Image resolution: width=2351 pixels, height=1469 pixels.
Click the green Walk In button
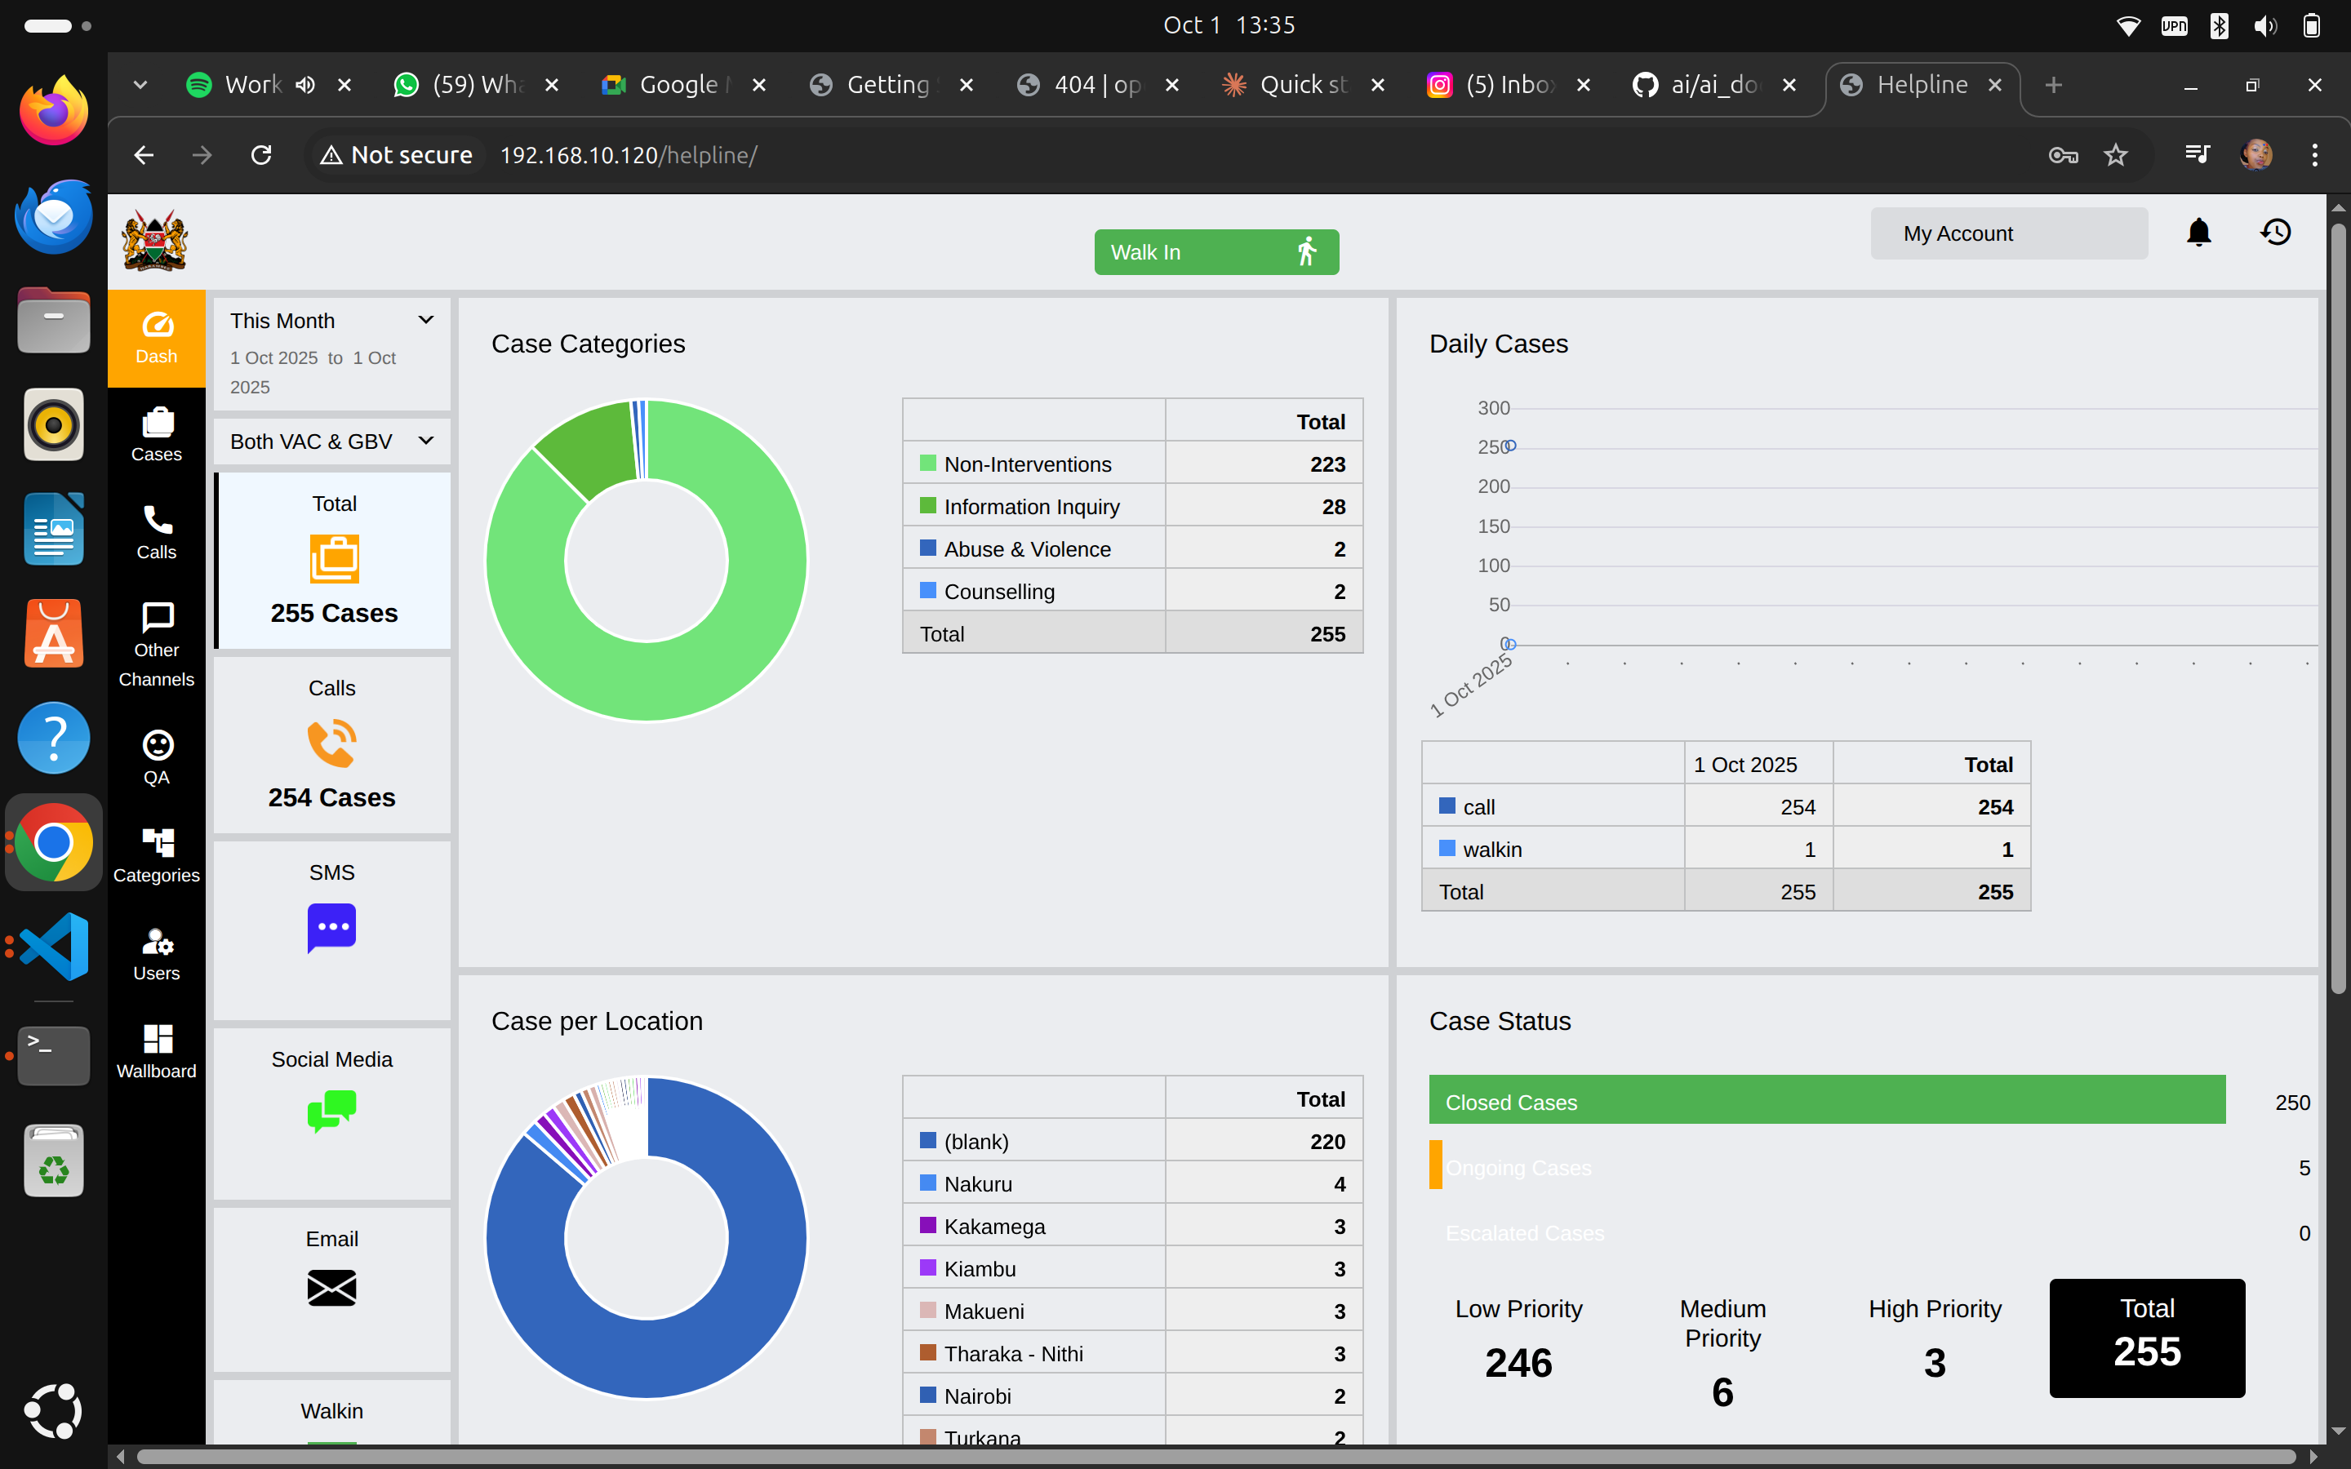[1215, 253]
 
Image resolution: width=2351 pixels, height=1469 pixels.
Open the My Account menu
[2008, 234]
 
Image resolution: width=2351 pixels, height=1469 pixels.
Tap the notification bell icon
[2198, 233]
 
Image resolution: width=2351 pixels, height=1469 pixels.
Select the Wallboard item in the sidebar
[157, 1051]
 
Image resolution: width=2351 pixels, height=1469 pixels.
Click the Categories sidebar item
[157, 855]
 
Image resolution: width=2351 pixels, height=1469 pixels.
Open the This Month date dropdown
[331, 321]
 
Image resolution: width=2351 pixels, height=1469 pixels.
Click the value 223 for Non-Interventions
[1327, 464]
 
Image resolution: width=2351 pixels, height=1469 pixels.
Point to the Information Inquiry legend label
[1031, 507]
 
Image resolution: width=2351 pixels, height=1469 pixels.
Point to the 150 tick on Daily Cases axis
[1493, 526]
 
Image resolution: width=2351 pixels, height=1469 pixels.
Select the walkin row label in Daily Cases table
[1491, 850]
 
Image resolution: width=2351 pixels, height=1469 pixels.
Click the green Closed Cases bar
[1826, 1101]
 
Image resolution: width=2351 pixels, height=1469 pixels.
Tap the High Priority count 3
[1934, 1363]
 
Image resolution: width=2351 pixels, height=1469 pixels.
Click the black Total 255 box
[2146, 1338]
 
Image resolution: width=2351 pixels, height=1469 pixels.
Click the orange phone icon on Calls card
[331, 743]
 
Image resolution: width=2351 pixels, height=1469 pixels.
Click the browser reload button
[261, 155]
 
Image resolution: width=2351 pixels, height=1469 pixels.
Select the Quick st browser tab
[1302, 86]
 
